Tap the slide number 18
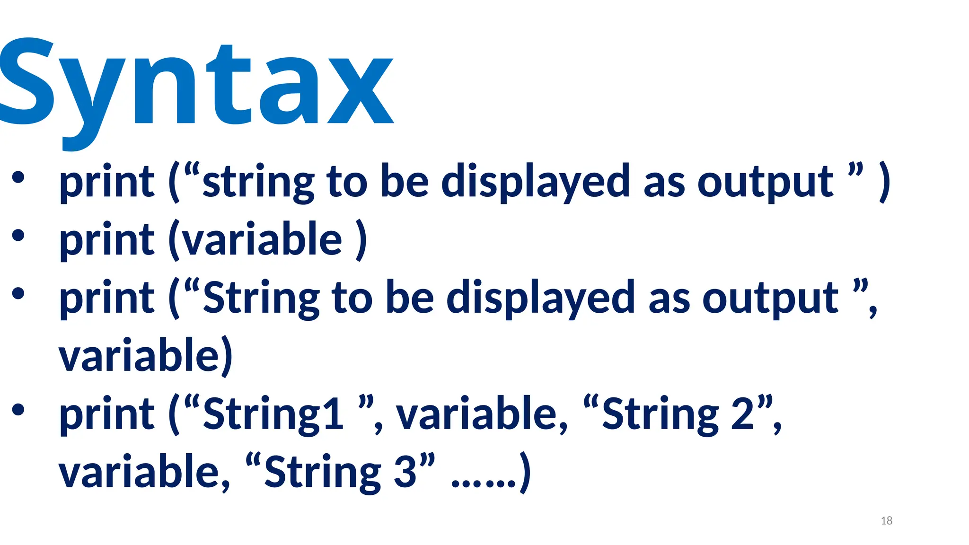[886, 521]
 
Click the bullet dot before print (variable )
[18, 235]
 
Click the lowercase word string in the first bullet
[258, 182]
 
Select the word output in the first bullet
[765, 182]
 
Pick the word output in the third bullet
[770, 298]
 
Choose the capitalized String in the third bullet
[261, 298]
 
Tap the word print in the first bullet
[107, 182]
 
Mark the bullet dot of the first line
[18, 177]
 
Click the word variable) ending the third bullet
[146, 356]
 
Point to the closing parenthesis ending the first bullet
[884, 182]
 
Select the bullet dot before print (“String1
[18, 409]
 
